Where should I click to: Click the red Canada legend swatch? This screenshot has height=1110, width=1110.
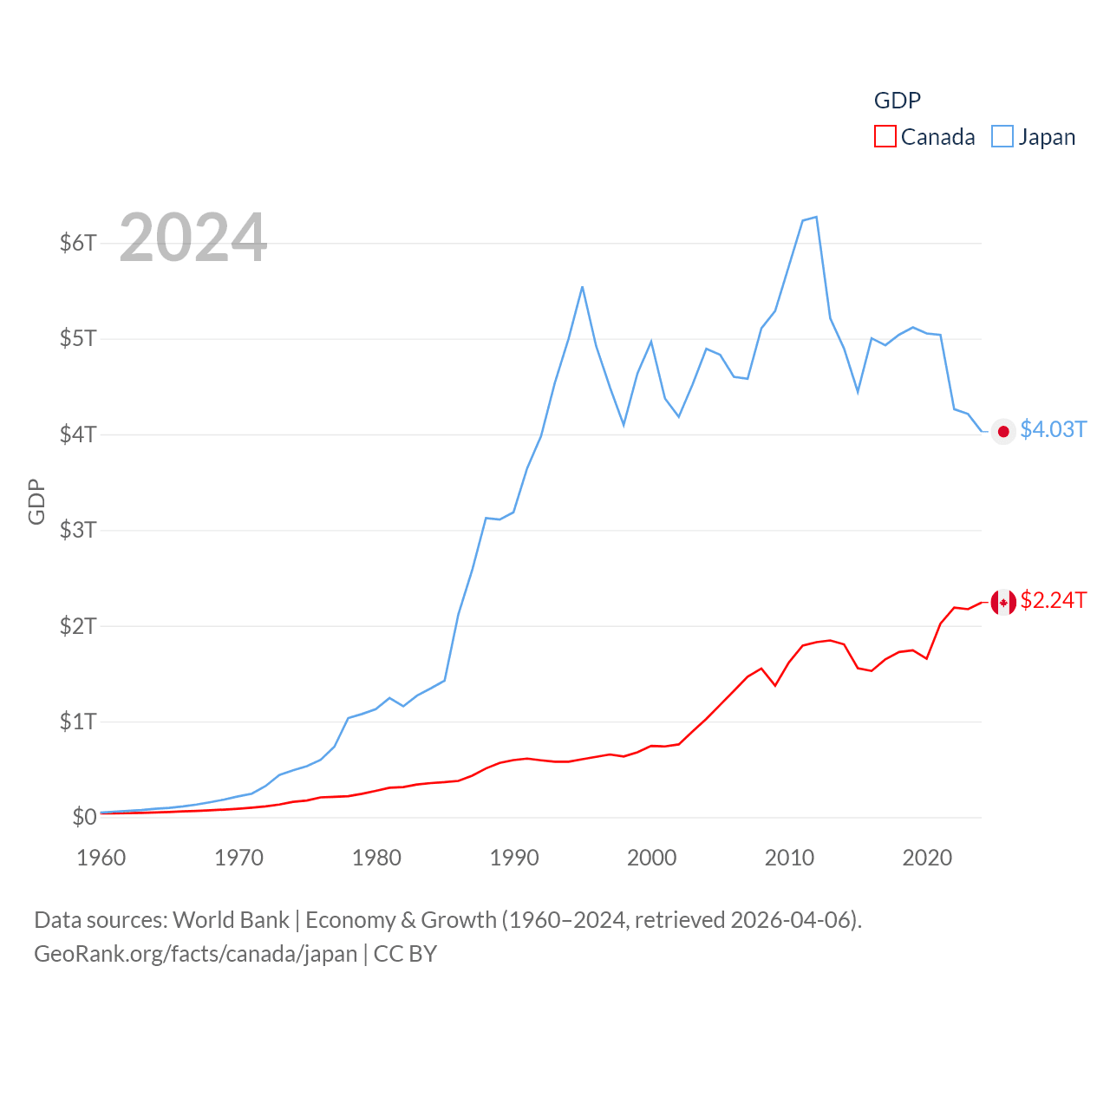[885, 136]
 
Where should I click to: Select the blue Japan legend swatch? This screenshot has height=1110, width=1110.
[1002, 136]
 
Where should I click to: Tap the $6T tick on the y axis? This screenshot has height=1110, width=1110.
[78, 243]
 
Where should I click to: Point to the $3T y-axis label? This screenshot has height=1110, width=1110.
[78, 530]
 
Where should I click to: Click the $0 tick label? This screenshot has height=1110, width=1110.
[84, 817]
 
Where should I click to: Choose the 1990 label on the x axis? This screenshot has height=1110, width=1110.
[514, 858]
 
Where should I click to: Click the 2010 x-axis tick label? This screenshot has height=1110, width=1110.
[789, 858]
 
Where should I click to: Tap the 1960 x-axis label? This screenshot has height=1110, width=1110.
[101, 858]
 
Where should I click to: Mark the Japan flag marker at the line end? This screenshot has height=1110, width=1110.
[1003, 432]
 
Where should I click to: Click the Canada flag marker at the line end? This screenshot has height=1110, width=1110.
[1003, 602]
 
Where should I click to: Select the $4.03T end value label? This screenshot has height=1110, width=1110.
[1053, 429]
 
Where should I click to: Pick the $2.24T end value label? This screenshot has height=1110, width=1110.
[1053, 600]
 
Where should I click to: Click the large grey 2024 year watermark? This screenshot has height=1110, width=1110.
[193, 237]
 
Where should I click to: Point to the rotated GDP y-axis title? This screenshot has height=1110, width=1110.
[36, 502]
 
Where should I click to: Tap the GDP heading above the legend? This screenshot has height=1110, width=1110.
[897, 101]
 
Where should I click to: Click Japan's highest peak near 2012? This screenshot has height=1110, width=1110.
[816, 217]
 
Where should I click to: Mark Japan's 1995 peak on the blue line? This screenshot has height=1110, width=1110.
[582, 286]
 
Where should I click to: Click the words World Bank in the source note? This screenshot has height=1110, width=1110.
[231, 919]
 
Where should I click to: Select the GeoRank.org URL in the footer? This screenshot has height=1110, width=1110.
[195, 954]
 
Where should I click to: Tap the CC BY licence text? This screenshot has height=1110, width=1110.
[405, 954]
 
